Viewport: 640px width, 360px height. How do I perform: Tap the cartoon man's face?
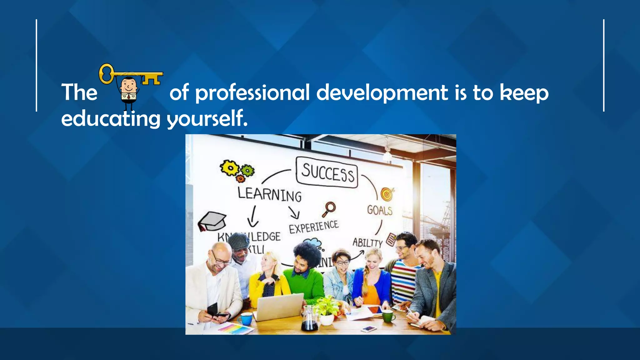[x=129, y=85]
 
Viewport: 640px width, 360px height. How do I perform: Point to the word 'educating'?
[x=111, y=119]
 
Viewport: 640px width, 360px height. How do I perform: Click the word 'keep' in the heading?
[x=524, y=93]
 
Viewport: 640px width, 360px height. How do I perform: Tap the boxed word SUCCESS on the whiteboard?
[x=327, y=172]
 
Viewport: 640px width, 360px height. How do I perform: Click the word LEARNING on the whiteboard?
[x=269, y=194]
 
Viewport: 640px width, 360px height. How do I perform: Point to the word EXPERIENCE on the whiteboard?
[x=313, y=227]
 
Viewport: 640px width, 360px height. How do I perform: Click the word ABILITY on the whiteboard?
[x=367, y=242]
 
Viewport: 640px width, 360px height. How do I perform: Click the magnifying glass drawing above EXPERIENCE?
[x=329, y=209]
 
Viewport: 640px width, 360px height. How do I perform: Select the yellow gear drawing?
[x=230, y=168]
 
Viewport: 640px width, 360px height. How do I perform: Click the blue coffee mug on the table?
[x=246, y=318]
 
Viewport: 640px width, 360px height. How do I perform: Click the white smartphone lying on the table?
[x=369, y=328]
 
